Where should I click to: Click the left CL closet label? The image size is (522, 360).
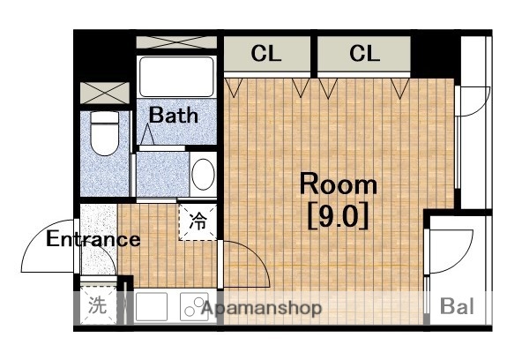[x=266, y=54]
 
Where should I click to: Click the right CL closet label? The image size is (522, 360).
[x=363, y=54]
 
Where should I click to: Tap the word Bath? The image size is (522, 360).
[x=172, y=115]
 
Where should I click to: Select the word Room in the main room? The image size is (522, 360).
[x=339, y=184]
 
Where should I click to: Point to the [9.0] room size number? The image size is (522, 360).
[x=338, y=215]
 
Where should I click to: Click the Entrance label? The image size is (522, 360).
[x=93, y=239]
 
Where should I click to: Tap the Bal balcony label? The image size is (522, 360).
[x=457, y=307]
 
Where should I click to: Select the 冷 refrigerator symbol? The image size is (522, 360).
[x=198, y=222]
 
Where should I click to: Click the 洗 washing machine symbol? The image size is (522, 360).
[x=96, y=307]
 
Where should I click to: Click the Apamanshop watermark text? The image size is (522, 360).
[x=261, y=308]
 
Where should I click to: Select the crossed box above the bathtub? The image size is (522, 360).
[x=176, y=41]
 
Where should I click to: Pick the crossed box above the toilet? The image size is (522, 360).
[x=105, y=93]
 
